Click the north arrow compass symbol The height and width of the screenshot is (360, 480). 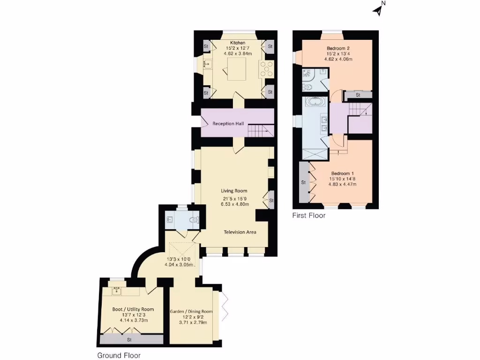[379, 10]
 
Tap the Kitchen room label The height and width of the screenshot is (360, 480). [234, 43]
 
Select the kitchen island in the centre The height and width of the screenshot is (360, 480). [234, 71]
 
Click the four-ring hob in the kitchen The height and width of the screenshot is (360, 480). [267, 69]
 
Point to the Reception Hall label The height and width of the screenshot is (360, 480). [228, 124]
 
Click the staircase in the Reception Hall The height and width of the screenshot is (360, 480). [260, 130]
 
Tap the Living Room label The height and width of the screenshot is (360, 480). [234, 191]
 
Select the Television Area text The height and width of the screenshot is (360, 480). [240, 232]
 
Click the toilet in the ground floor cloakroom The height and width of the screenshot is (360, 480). [193, 219]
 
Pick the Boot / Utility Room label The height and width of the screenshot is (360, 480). [133, 309]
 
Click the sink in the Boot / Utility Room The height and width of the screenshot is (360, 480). [116, 292]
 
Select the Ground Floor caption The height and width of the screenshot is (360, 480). [119, 355]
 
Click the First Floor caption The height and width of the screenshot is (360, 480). [309, 216]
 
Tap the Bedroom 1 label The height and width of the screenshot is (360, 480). [342, 173]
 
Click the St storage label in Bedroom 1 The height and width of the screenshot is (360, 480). [303, 182]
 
